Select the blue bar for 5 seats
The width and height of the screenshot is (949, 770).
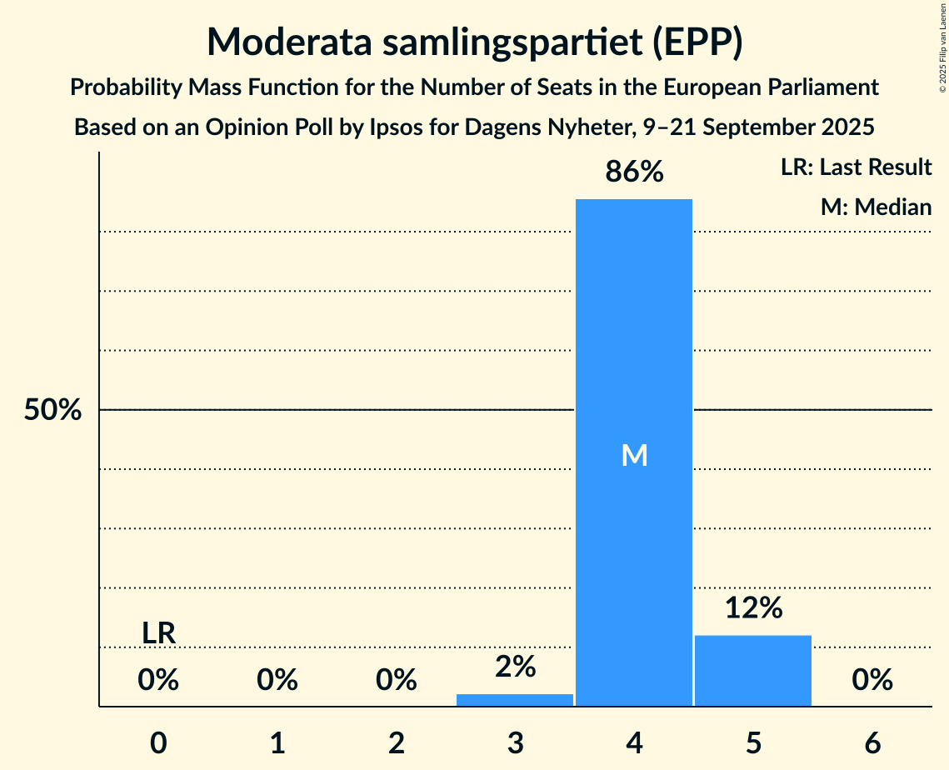coord(753,671)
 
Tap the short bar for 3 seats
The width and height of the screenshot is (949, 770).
coord(515,700)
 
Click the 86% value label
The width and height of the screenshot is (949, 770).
coord(634,172)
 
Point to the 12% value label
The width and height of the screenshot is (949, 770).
coord(753,608)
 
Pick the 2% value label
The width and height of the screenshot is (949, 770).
coord(515,667)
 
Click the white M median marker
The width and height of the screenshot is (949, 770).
coord(634,455)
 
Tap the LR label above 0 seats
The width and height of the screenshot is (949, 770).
coord(158,633)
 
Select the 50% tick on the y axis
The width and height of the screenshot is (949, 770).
coord(52,410)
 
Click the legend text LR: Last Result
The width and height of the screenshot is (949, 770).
coord(856,167)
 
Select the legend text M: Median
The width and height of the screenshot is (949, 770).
coord(876,207)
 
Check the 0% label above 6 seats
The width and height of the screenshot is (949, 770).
coord(872,681)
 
